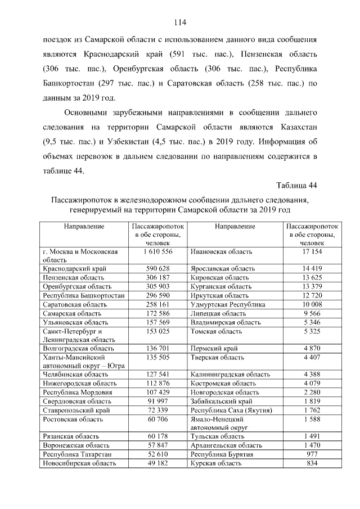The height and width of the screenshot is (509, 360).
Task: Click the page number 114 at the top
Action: coord(180,22)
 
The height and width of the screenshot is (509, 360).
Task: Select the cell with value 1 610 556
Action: coord(157,251)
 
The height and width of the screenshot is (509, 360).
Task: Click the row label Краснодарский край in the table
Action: coord(73,269)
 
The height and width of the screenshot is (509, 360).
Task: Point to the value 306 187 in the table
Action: coord(157,278)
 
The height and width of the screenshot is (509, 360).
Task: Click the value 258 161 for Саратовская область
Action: coord(157,304)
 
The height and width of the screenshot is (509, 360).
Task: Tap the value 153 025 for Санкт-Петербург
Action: coord(157,331)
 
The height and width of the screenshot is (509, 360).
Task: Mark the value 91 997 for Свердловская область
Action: coord(157,401)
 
